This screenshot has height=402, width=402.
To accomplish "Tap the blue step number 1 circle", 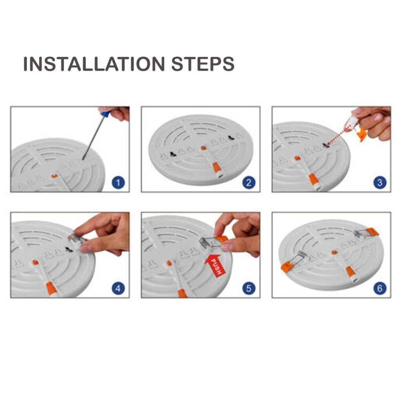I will coord(118,183).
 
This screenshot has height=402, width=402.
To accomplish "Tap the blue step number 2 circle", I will coord(249,183).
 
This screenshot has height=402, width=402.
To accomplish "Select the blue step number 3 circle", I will coord(380,183).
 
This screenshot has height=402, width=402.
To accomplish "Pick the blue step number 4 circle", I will coord(118,289).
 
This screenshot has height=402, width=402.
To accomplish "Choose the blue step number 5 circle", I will coord(249,289).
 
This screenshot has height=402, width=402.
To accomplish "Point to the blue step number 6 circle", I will coord(380,289).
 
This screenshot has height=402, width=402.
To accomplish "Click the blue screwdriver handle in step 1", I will coord(105,113).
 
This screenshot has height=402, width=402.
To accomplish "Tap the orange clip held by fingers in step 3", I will coord(362,134).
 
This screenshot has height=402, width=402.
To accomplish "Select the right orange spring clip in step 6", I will coord(371,232).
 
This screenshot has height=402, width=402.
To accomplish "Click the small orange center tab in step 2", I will coord(203,148).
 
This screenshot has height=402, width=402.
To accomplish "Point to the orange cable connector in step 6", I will coord(350,271).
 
